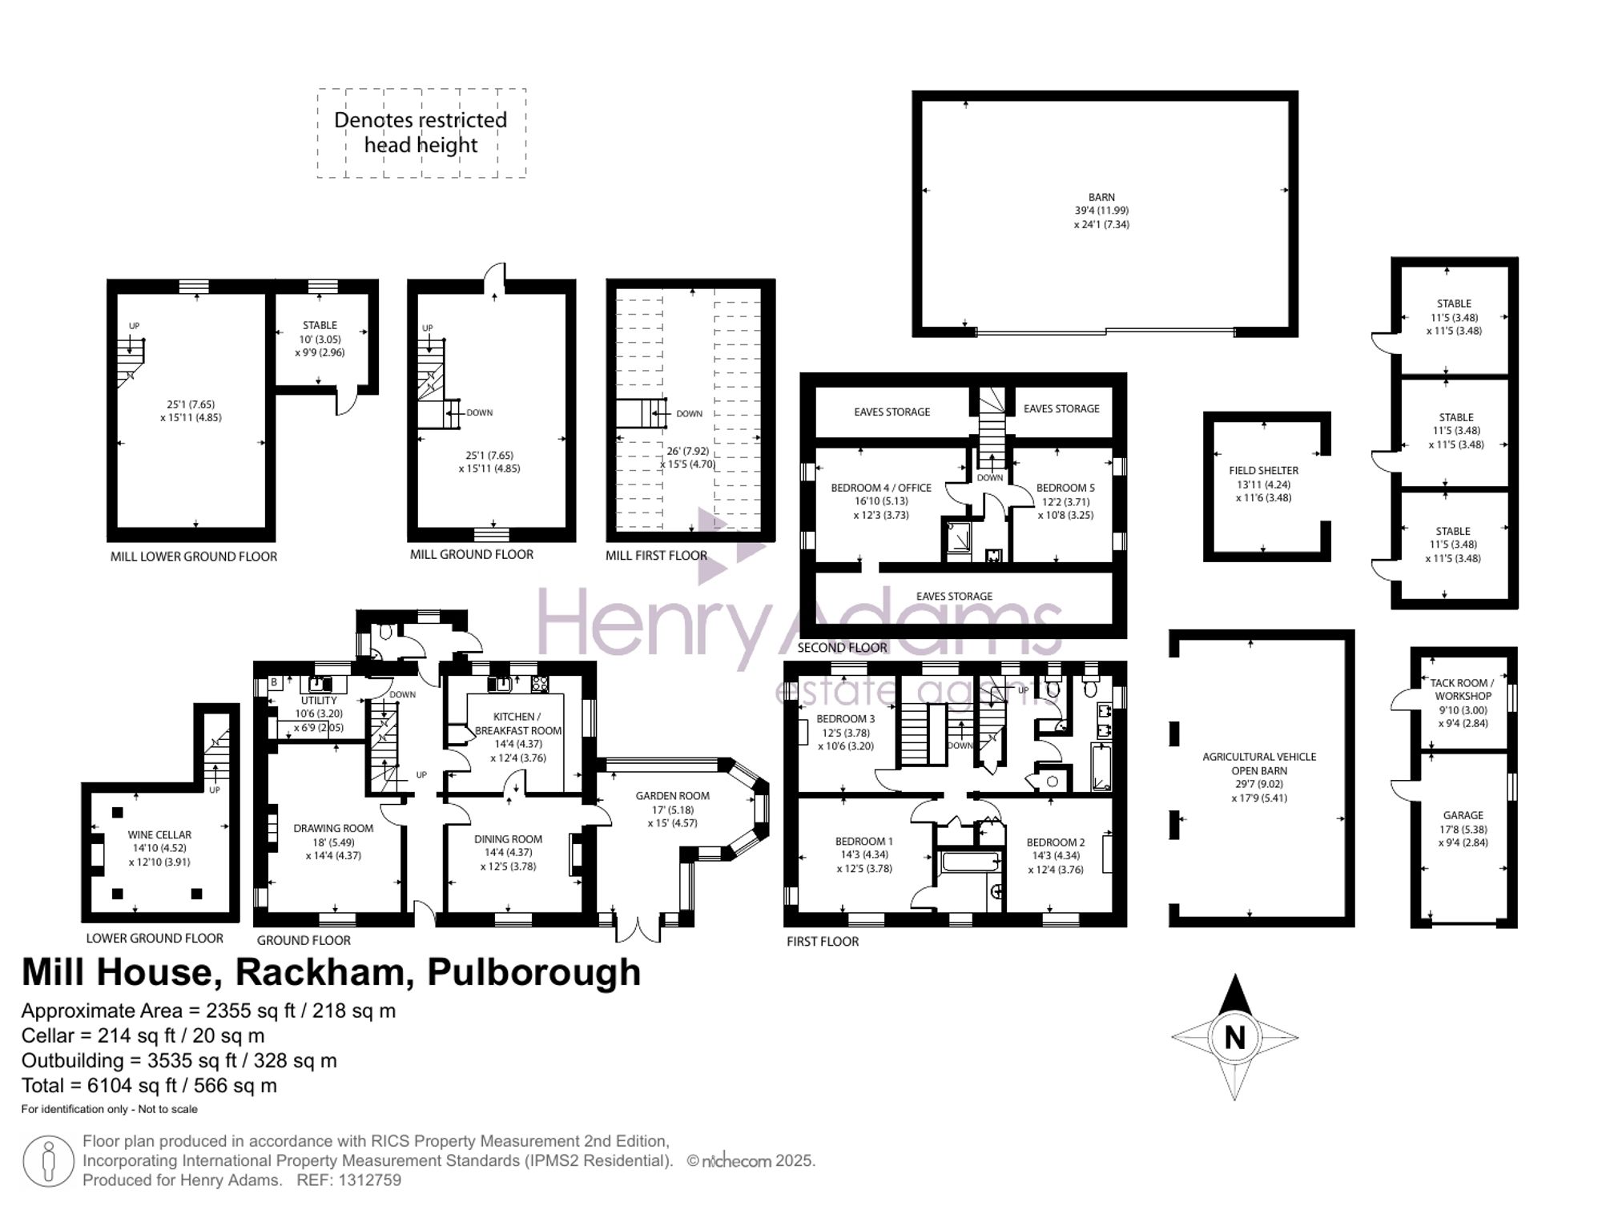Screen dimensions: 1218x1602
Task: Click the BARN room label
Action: click(1101, 197)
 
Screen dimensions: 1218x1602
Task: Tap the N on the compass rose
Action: click(1234, 1038)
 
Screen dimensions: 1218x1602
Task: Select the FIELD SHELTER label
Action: click(1263, 471)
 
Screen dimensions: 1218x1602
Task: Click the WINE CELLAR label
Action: click(159, 834)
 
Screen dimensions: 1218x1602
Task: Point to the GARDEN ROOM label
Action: click(672, 796)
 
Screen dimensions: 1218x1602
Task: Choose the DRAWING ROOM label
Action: click(333, 829)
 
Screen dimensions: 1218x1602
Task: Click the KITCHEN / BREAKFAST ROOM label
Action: click(517, 723)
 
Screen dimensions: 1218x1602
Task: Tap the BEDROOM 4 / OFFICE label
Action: click(881, 488)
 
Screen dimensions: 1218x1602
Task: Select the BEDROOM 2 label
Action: click(1056, 842)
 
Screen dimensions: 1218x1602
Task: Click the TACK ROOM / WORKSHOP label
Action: click(1462, 689)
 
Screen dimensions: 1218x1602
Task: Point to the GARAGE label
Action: click(1463, 815)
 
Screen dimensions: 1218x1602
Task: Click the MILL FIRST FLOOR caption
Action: click(656, 556)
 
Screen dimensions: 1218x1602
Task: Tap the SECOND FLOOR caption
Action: click(842, 647)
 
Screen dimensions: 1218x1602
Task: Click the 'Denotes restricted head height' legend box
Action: click(421, 133)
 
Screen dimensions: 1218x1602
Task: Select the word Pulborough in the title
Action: click(533, 973)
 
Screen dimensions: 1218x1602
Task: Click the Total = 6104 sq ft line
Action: click(149, 1086)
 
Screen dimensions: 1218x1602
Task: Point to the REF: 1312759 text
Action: click(348, 1180)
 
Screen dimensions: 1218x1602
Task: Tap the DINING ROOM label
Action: click(508, 839)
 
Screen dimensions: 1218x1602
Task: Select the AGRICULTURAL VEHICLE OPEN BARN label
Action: click(1259, 763)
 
